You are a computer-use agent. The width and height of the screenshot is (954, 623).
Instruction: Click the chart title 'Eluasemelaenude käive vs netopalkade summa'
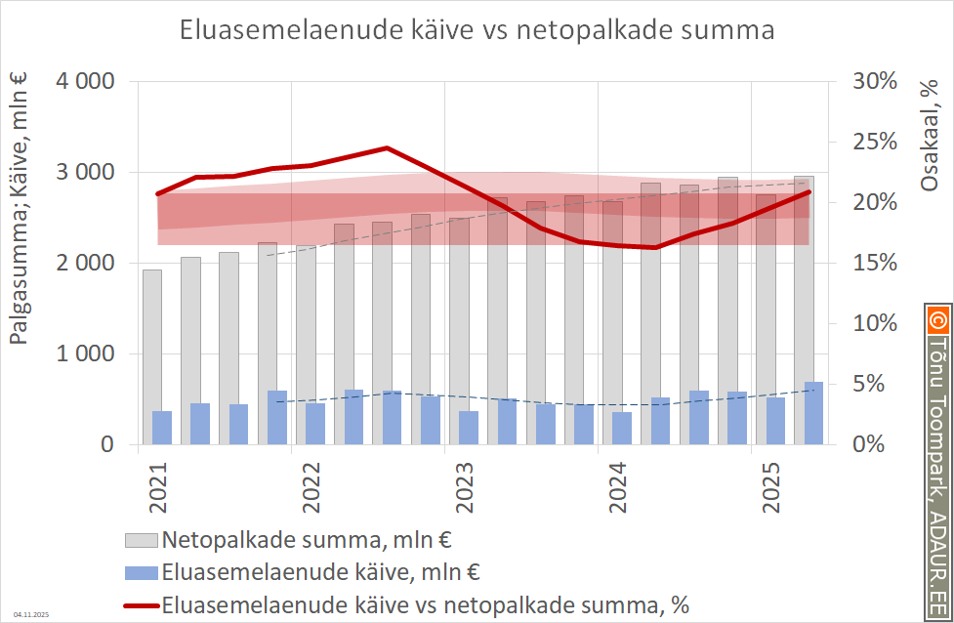(477, 30)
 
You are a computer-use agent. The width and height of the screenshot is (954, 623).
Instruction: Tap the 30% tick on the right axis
(872, 82)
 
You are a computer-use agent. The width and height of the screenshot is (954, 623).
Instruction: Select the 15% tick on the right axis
(872, 264)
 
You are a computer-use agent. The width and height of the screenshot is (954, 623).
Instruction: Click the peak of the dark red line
(387, 148)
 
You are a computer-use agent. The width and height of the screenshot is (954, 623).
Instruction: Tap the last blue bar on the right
(813, 413)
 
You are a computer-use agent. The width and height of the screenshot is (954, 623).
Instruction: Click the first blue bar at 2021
(162, 428)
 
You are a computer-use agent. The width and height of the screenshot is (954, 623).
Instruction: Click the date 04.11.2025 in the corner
(30, 614)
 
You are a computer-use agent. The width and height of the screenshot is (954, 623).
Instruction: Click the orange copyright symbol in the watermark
(938, 318)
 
